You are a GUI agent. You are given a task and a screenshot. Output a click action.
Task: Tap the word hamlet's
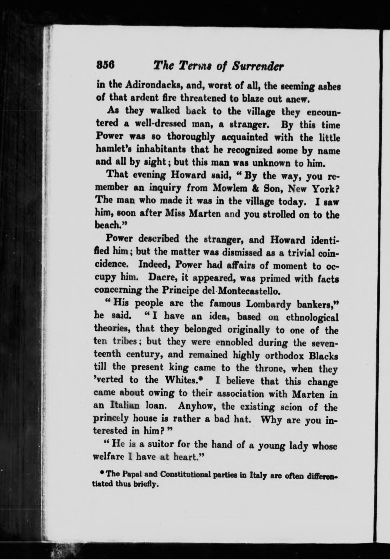pos(116,150)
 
